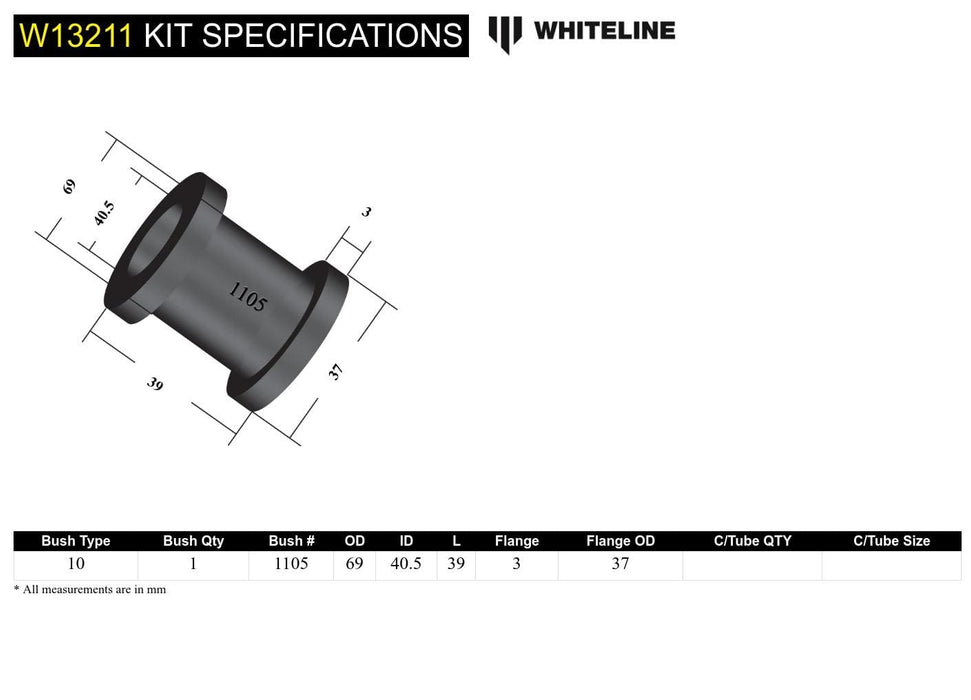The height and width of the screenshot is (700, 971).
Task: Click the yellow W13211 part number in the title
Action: [x=76, y=35]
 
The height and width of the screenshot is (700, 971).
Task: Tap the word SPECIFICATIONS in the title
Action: [x=331, y=35]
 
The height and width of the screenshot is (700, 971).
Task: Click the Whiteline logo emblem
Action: [x=505, y=33]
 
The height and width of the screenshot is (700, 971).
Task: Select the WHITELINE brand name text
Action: [x=604, y=31]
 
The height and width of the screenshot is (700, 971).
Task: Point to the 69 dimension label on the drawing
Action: [x=69, y=186]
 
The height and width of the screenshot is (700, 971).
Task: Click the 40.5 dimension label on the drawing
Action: [x=104, y=213]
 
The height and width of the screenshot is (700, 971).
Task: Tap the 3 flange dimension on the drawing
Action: [x=367, y=211]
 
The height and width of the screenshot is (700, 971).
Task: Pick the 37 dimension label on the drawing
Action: [x=336, y=372]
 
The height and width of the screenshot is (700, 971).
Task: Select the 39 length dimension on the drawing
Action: [x=155, y=384]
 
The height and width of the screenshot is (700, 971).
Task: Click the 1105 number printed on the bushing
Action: [x=247, y=297]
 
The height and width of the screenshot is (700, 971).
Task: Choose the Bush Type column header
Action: [x=76, y=541]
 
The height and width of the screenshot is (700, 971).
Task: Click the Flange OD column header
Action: [x=620, y=541]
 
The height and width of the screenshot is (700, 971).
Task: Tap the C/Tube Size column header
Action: [x=891, y=541]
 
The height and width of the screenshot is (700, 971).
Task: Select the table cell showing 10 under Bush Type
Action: [x=76, y=564]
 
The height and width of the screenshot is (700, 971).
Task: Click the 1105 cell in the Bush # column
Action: [x=291, y=564]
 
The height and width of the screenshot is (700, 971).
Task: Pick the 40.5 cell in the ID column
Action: [x=405, y=564]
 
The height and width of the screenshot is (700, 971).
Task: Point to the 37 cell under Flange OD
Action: [x=620, y=564]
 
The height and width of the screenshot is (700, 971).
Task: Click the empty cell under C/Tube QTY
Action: [x=752, y=564]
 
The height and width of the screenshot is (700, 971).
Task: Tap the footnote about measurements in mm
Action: [x=90, y=590]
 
